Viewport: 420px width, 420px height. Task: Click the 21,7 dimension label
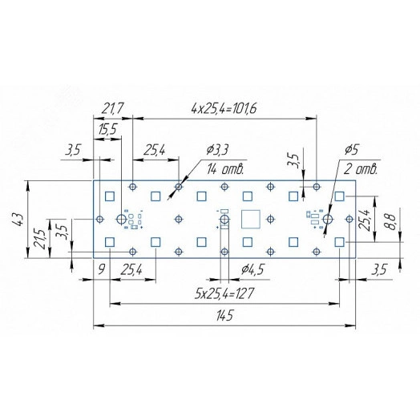(x=113, y=107)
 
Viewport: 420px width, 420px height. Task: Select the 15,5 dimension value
(x=107, y=129)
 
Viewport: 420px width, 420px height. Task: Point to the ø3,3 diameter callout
(x=218, y=150)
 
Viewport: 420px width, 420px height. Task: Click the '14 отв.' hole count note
(x=225, y=169)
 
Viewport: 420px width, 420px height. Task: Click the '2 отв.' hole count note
(x=361, y=169)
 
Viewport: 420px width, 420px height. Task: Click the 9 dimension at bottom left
(x=102, y=271)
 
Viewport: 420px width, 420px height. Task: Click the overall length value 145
(x=224, y=316)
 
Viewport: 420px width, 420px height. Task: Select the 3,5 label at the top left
(x=73, y=150)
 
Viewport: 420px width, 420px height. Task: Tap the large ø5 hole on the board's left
(x=122, y=219)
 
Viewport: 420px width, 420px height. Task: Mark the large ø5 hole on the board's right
(x=328, y=219)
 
